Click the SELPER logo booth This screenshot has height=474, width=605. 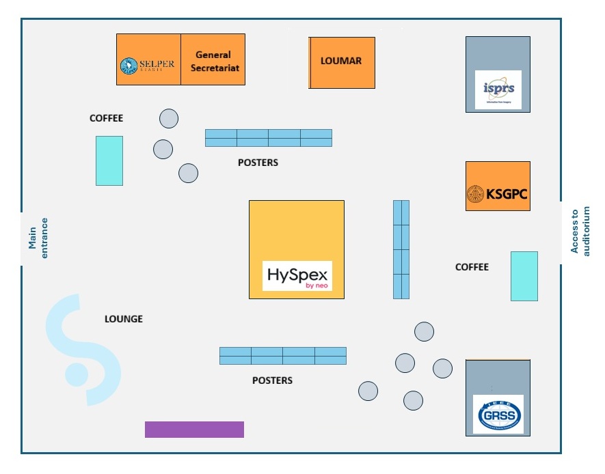click(x=148, y=60)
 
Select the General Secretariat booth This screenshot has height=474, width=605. click(x=213, y=60)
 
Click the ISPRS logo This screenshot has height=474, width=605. click(x=498, y=89)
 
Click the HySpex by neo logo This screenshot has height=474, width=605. click(x=297, y=276)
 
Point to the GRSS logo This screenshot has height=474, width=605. click(x=498, y=414)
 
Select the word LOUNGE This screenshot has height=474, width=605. click(x=123, y=319)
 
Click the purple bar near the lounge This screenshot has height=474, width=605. click(x=194, y=429)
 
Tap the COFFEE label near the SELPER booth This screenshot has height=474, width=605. click(x=107, y=118)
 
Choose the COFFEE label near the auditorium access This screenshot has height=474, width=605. click(x=472, y=267)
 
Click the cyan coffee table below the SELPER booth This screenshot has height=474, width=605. click(x=109, y=161)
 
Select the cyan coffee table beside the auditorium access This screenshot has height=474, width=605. click(x=524, y=276)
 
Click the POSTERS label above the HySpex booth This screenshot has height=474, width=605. click(x=258, y=163)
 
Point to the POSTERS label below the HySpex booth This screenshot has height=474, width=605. click(x=272, y=380)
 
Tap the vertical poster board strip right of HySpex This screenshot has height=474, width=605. click(x=401, y=249)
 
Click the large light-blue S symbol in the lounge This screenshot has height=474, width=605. click(x=83, y=348)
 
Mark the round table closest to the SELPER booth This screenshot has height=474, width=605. click(x=169, y=119)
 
